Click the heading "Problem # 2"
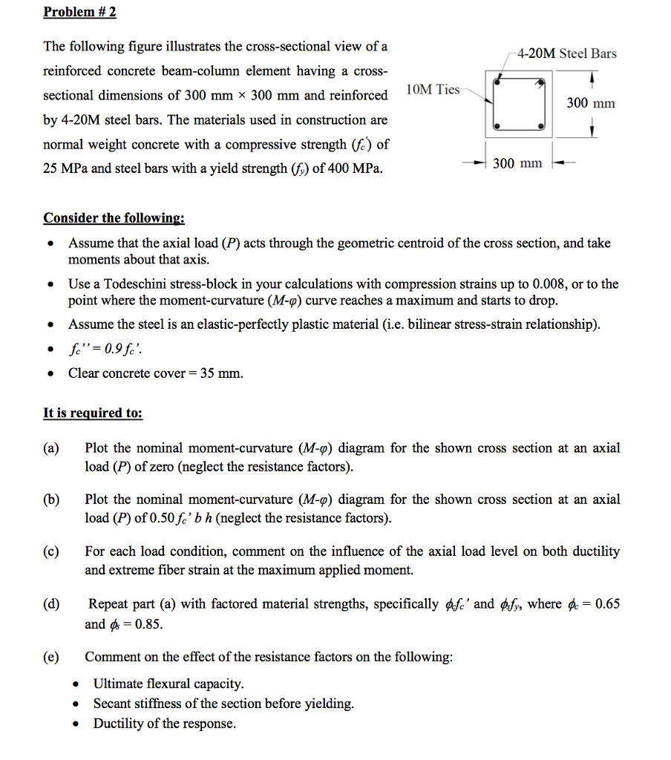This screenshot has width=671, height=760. (x=79, y=12)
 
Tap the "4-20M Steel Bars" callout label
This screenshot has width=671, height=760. (x=566, y=53)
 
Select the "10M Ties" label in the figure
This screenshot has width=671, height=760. (x=433, y=89)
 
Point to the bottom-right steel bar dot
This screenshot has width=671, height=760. (x=542, y=127)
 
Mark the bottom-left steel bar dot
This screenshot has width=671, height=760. (x=497, y=127)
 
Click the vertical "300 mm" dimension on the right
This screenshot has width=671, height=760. (x=591, y=103)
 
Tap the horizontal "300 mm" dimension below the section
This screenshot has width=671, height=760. (x=517, y=163)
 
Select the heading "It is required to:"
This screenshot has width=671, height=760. (x=93, y=413)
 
